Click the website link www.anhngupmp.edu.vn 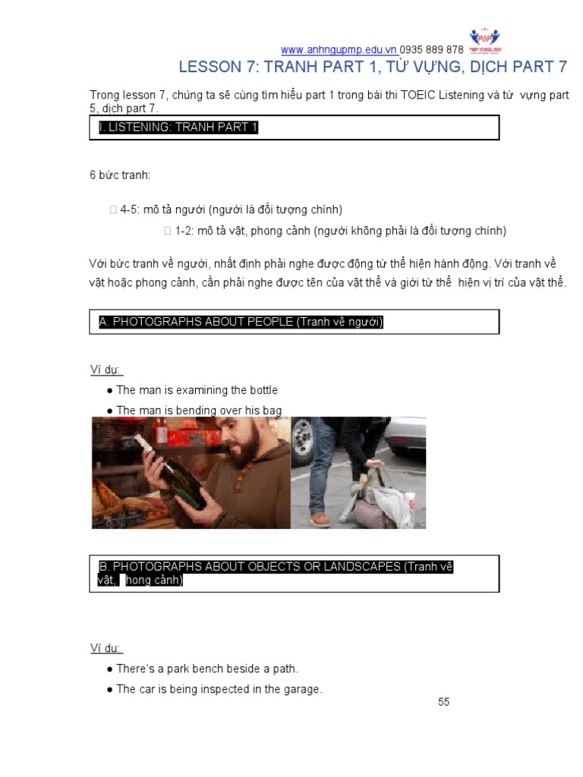(338, 50)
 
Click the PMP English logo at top (486, 39)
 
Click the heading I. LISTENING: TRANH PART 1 (178, 127)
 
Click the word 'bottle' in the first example (261, 390)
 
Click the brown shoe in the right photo (321, 518)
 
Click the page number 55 (444, 702)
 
